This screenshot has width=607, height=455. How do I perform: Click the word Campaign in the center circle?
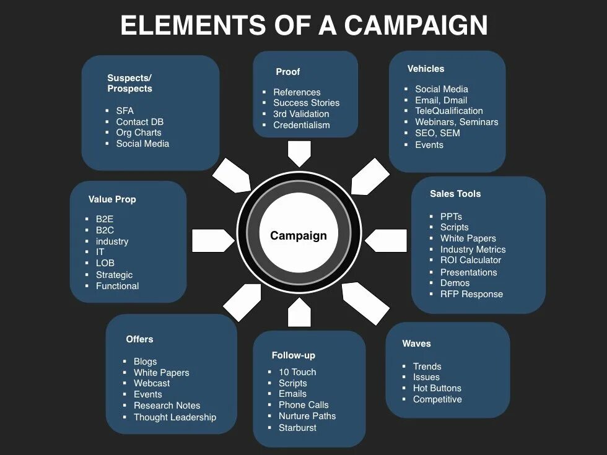pyautogui.click(x=298, y=236)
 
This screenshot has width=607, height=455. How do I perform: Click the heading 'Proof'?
pyautogui.click(x=287, y=72)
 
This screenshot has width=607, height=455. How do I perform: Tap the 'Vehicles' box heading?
pyautogui.click(x=426, y=69)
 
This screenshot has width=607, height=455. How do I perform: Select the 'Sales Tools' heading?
pyautogui.click(x=455, y=194)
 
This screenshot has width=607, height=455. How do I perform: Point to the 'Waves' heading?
pyautogui.click(x=416, y=344)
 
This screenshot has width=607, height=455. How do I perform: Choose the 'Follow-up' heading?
pyautogui.click(x=293, y=355)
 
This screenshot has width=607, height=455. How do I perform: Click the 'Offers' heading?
pyautogui.click(x=139, y=339)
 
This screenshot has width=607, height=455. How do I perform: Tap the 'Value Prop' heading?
pyautogui.click(x=112, y=199)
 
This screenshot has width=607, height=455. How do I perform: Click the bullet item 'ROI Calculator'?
pyautogui.click(x=471, y=261)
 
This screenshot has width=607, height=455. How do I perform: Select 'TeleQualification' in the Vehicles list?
pyautogui.click(x=449, y=111)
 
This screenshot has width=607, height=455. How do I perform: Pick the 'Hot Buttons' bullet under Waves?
pyautogui.click(x=437, y=388)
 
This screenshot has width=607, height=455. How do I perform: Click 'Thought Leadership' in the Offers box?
pyautogui.click(x=175, y=417)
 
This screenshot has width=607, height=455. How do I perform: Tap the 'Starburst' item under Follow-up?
pyautogui.click(x=297, y=428)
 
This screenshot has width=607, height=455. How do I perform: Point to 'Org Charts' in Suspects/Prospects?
pyautogui.click(x=139, y=132)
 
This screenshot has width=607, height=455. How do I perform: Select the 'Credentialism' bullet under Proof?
pyautogui.click(x=302, y=125)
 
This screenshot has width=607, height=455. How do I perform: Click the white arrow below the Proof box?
pyautogui.click(x=299, y=153)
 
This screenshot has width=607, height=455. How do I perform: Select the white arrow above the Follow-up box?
pyautogui.click(x=299, y=312)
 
